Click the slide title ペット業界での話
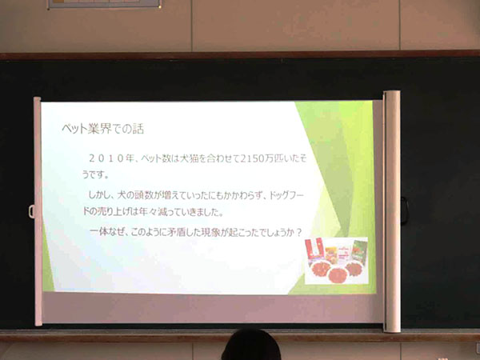pos(102,129)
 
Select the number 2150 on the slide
pos(252,159)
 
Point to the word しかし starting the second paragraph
pos(98,194)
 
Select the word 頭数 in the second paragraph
pos(143,195)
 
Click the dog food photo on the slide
pos(337,261)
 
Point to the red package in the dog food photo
pos(314,248)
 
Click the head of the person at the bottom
pos(251,346)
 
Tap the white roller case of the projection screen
pos(391,211)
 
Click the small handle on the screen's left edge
pos(31,211)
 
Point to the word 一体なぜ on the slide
pos(108,233)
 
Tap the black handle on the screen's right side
pos(404,211)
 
